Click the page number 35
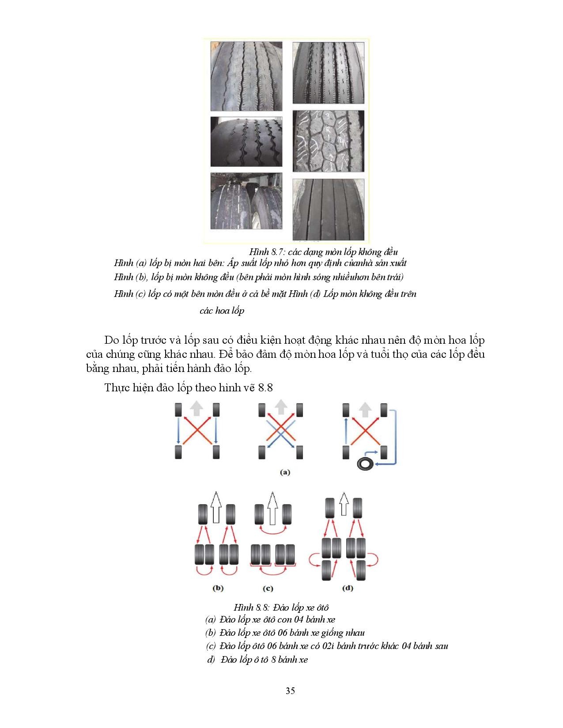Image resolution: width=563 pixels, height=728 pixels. pos(290,691)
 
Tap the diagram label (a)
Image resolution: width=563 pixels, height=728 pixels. pos(285,472)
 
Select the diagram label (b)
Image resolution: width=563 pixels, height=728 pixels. pos(218,588)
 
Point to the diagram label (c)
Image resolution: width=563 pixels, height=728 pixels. pos(268,588)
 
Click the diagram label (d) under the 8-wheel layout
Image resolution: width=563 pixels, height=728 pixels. pos(348,588)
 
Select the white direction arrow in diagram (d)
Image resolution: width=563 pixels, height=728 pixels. pos(343,504)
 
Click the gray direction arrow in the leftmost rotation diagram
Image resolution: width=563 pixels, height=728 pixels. pos(196,409)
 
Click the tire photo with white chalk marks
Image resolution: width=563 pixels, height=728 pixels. pos(329,141)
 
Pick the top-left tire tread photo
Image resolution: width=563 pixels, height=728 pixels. pos(246,75)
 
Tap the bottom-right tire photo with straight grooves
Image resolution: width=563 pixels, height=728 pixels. pos(329,209)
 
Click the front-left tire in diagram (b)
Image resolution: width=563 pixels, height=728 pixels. pos(202,514)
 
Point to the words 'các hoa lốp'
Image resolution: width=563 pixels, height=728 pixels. pos(222,311)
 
